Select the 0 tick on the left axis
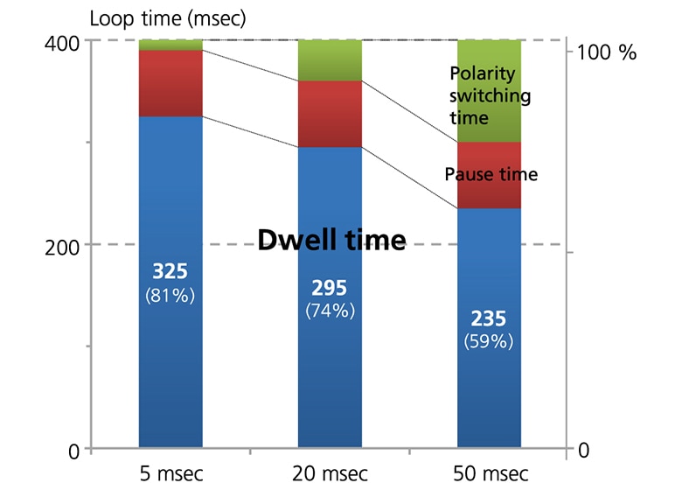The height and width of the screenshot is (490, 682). pos(73,450)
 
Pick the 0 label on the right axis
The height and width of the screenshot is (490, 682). pos(583,450)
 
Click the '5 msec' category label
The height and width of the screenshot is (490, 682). pos(170,474)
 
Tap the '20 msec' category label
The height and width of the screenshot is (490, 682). pos(331,474)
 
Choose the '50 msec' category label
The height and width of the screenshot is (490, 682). pos(491,474)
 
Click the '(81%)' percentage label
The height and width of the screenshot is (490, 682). pos(170,296)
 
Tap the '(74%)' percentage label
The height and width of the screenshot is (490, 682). pos(331,311)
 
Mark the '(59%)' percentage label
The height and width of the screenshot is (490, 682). pos(490,341)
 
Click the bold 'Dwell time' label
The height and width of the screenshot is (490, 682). pos(331,239)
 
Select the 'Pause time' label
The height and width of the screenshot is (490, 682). pos(491,174)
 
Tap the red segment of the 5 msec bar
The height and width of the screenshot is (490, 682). pos(170,83)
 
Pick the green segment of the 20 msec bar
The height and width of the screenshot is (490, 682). pos(331,59)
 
